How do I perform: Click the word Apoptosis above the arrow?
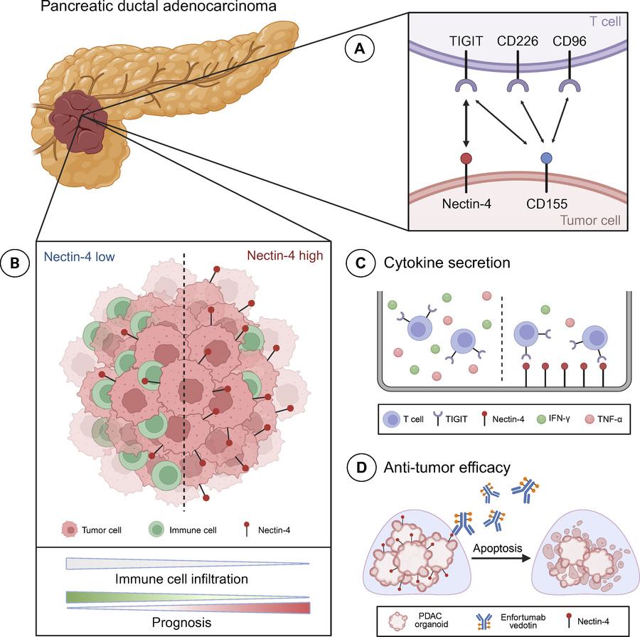[x=493, y=549]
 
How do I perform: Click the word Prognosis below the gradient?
[x=187, y=623]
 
